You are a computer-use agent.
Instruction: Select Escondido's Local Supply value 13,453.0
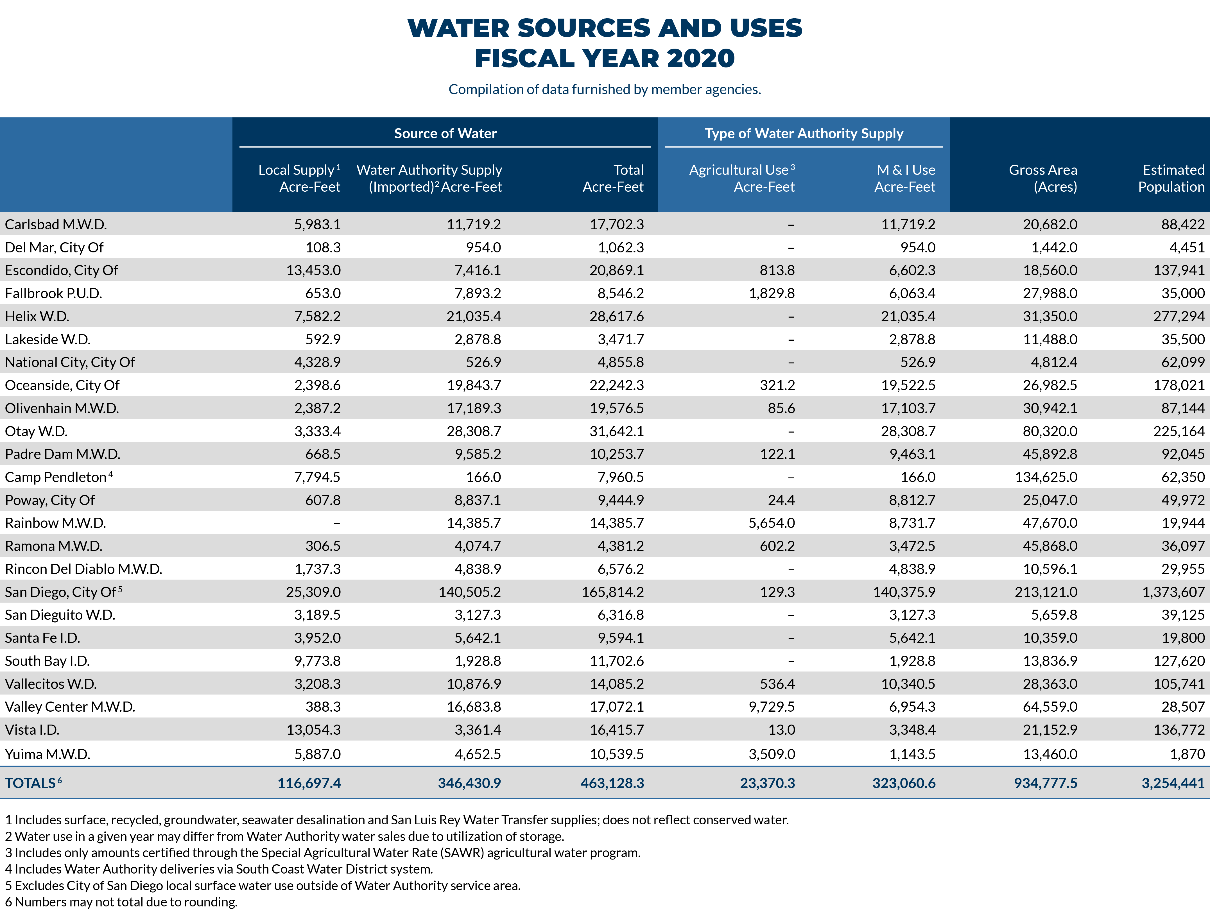click(313, 270)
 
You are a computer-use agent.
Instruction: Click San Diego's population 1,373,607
click(1173, 592)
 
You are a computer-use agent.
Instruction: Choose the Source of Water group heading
click(445, 134)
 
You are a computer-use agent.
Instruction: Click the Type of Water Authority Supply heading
click(803, 134)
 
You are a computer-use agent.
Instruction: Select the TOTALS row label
click(31, 783)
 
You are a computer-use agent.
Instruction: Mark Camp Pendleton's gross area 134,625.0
click(1046, 477)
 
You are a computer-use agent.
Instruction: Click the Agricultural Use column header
click(742, 178)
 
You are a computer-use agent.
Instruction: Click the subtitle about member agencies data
click(605, 89)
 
